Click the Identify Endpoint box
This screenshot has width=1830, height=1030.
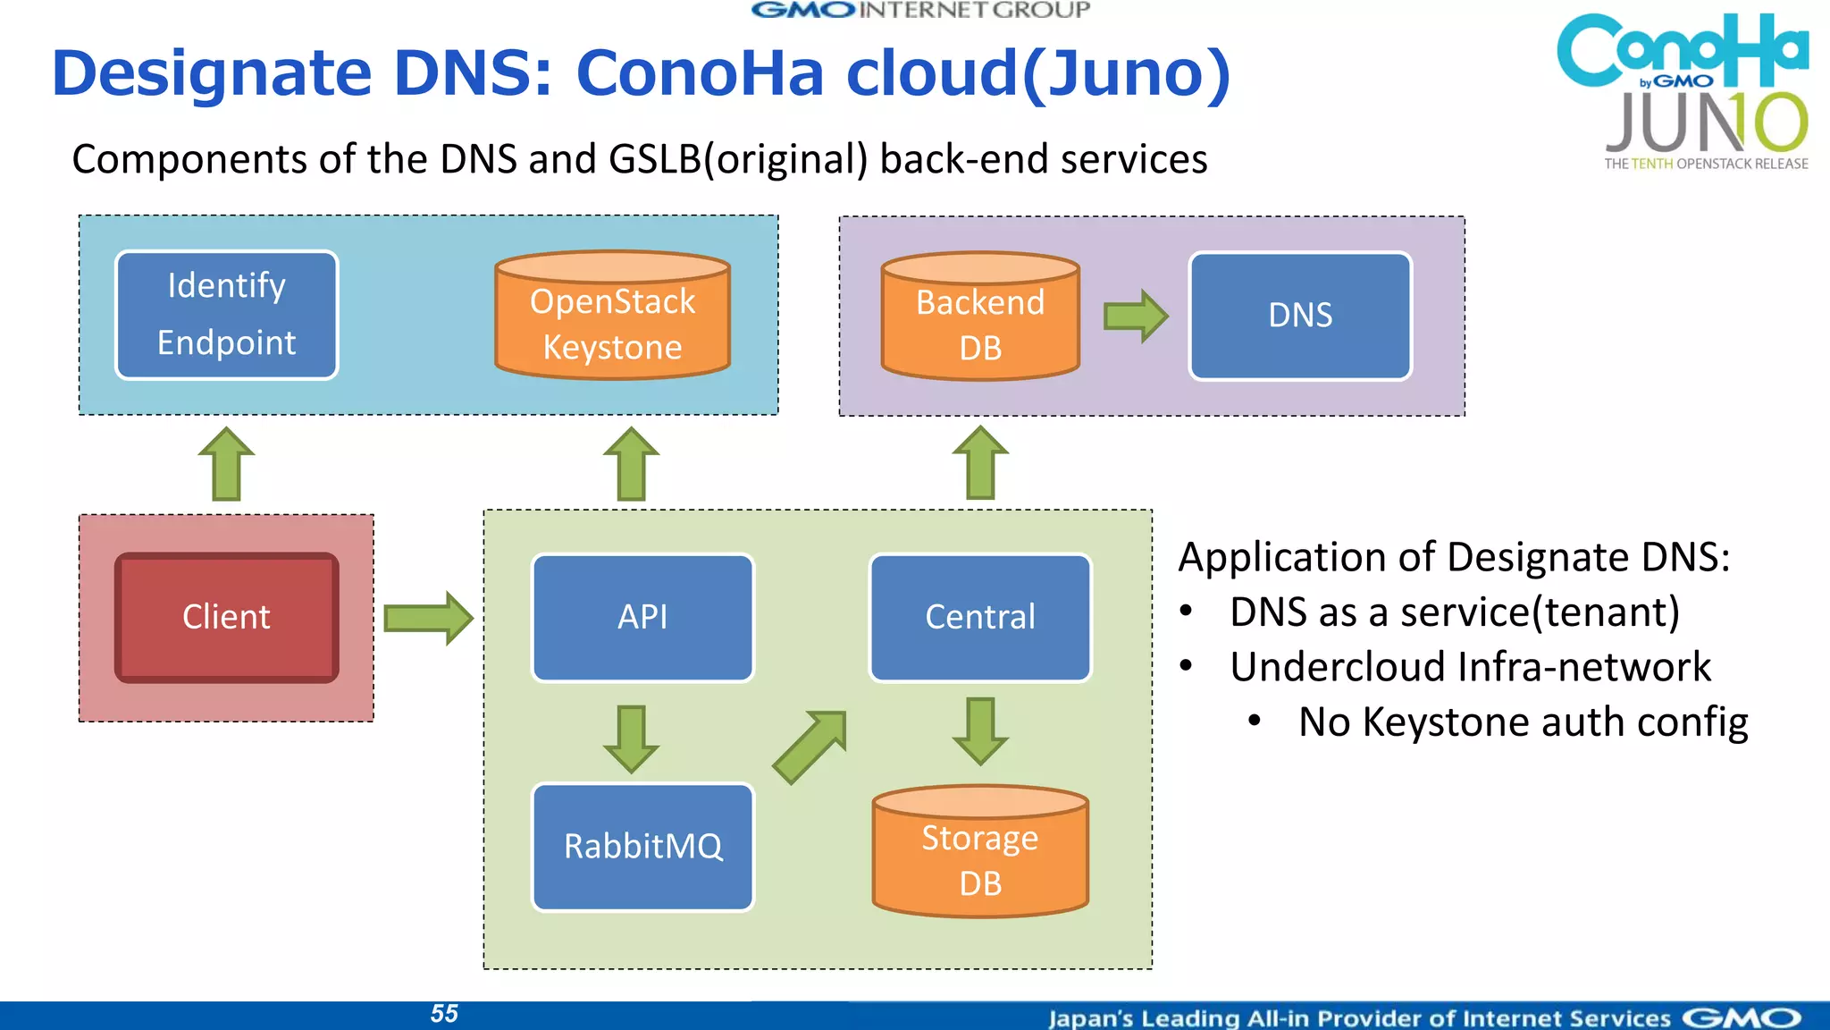click(x=226, y=315)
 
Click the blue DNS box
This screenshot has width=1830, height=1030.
click(x=1300, y=316)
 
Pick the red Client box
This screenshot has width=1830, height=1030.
click(x=226, y=617)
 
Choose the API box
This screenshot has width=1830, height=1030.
click(x=642, y=617)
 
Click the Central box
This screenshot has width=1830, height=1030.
click(x=980, y=617)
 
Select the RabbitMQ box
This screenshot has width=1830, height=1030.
click(x=642, y=846)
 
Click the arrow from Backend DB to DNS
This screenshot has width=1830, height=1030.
click(x=1135, y=316)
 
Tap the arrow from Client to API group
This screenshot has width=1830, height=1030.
click(x=427, y=618)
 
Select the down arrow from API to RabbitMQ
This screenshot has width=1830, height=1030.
click(x=631, y=739)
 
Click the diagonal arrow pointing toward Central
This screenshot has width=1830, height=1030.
click(x=810, y=747)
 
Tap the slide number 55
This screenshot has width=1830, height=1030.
click(x=444, y=1013)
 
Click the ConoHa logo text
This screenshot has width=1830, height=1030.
click(x=1681, y=49)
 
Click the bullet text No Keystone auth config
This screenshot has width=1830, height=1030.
click(x=1522, y=722)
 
